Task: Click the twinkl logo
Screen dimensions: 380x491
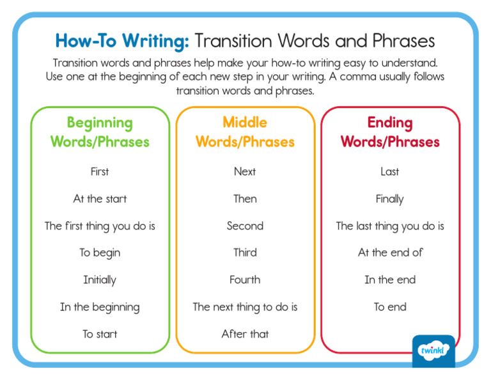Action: tap(433, 351)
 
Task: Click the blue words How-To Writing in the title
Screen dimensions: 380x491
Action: tap(122, 41)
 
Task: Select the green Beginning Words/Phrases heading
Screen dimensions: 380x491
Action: tap(100, 132)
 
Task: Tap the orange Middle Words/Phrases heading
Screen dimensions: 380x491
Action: tap(245, 132)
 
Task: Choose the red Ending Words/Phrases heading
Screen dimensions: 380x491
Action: tap(390, 132)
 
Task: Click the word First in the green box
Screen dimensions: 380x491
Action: tap(100, 171)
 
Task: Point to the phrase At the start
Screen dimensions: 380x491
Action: tap(100, 199)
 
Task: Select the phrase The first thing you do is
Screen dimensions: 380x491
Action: tap(100, 226)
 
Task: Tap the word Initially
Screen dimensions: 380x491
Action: tap(100, 280)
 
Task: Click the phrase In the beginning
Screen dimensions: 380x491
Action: tap(100, 307)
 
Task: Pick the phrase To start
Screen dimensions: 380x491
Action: tap(100, 334)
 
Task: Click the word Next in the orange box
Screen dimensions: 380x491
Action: tap(245, 171)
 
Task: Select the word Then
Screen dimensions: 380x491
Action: tap(245, 199)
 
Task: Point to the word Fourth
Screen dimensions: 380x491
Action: tap(245, 280)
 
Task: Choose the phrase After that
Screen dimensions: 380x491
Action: tap(245, 334)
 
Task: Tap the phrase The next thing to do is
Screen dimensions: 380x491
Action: tap(245, 307)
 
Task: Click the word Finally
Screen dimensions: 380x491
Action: tap(390, 199)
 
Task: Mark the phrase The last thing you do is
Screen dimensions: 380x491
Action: tap(390, 226)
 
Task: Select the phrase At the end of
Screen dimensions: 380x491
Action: tap(390, 253)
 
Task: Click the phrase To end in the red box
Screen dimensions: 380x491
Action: tap(390, 307)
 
